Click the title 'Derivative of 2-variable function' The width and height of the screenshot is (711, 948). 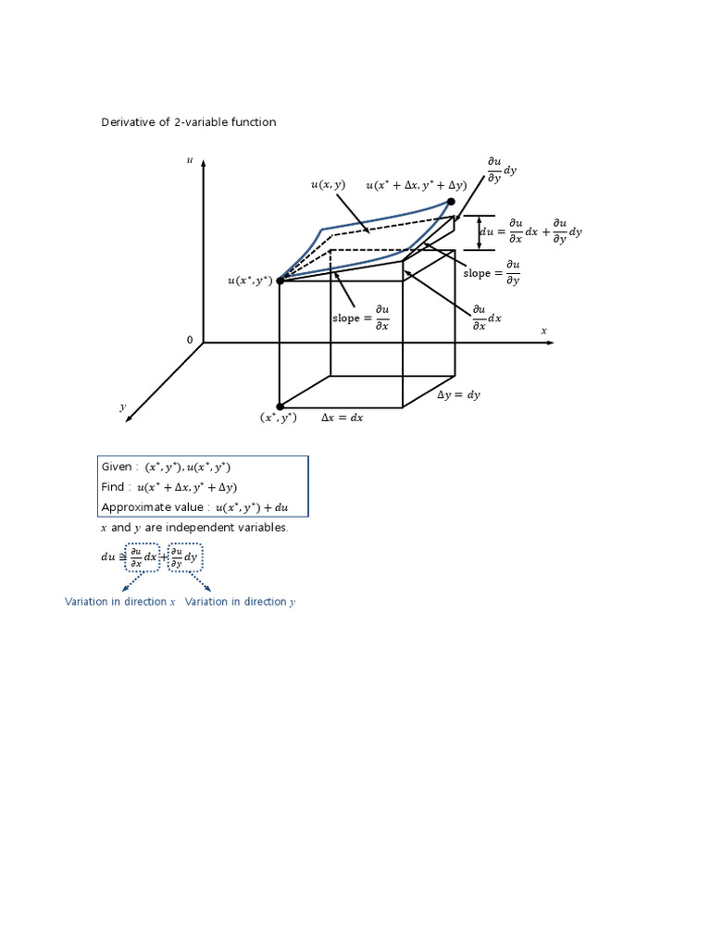(x=188, y=122)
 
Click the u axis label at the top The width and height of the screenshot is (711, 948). (x=190, y=160)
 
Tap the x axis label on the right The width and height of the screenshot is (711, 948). (x=544, y=331)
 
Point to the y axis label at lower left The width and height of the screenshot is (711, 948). (x=122, y=406)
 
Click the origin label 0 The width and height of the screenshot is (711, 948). (x=190, y=340)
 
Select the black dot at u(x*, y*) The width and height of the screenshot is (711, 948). (x=280, y=280)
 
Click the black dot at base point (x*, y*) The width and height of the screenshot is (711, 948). (x=280, y=406)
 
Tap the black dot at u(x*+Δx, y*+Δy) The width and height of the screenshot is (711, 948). (x=451, y=201)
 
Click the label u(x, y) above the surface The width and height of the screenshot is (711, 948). (x=328, y=185)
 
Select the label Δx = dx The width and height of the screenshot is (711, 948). (x=342, y=418)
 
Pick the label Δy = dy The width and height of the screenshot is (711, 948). (x=458, y=394)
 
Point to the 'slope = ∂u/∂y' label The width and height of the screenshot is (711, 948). (x=492, y=273)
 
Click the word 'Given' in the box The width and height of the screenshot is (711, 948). (x=117, y=468)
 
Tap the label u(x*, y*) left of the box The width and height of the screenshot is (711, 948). (x=250, y=281)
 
